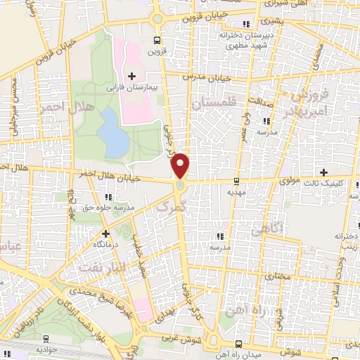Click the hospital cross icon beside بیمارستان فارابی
tap(131, 76)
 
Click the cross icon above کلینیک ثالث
tap(323, 172)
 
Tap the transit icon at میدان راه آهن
tap(239, 344)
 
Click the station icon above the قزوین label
tap(157, 40)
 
